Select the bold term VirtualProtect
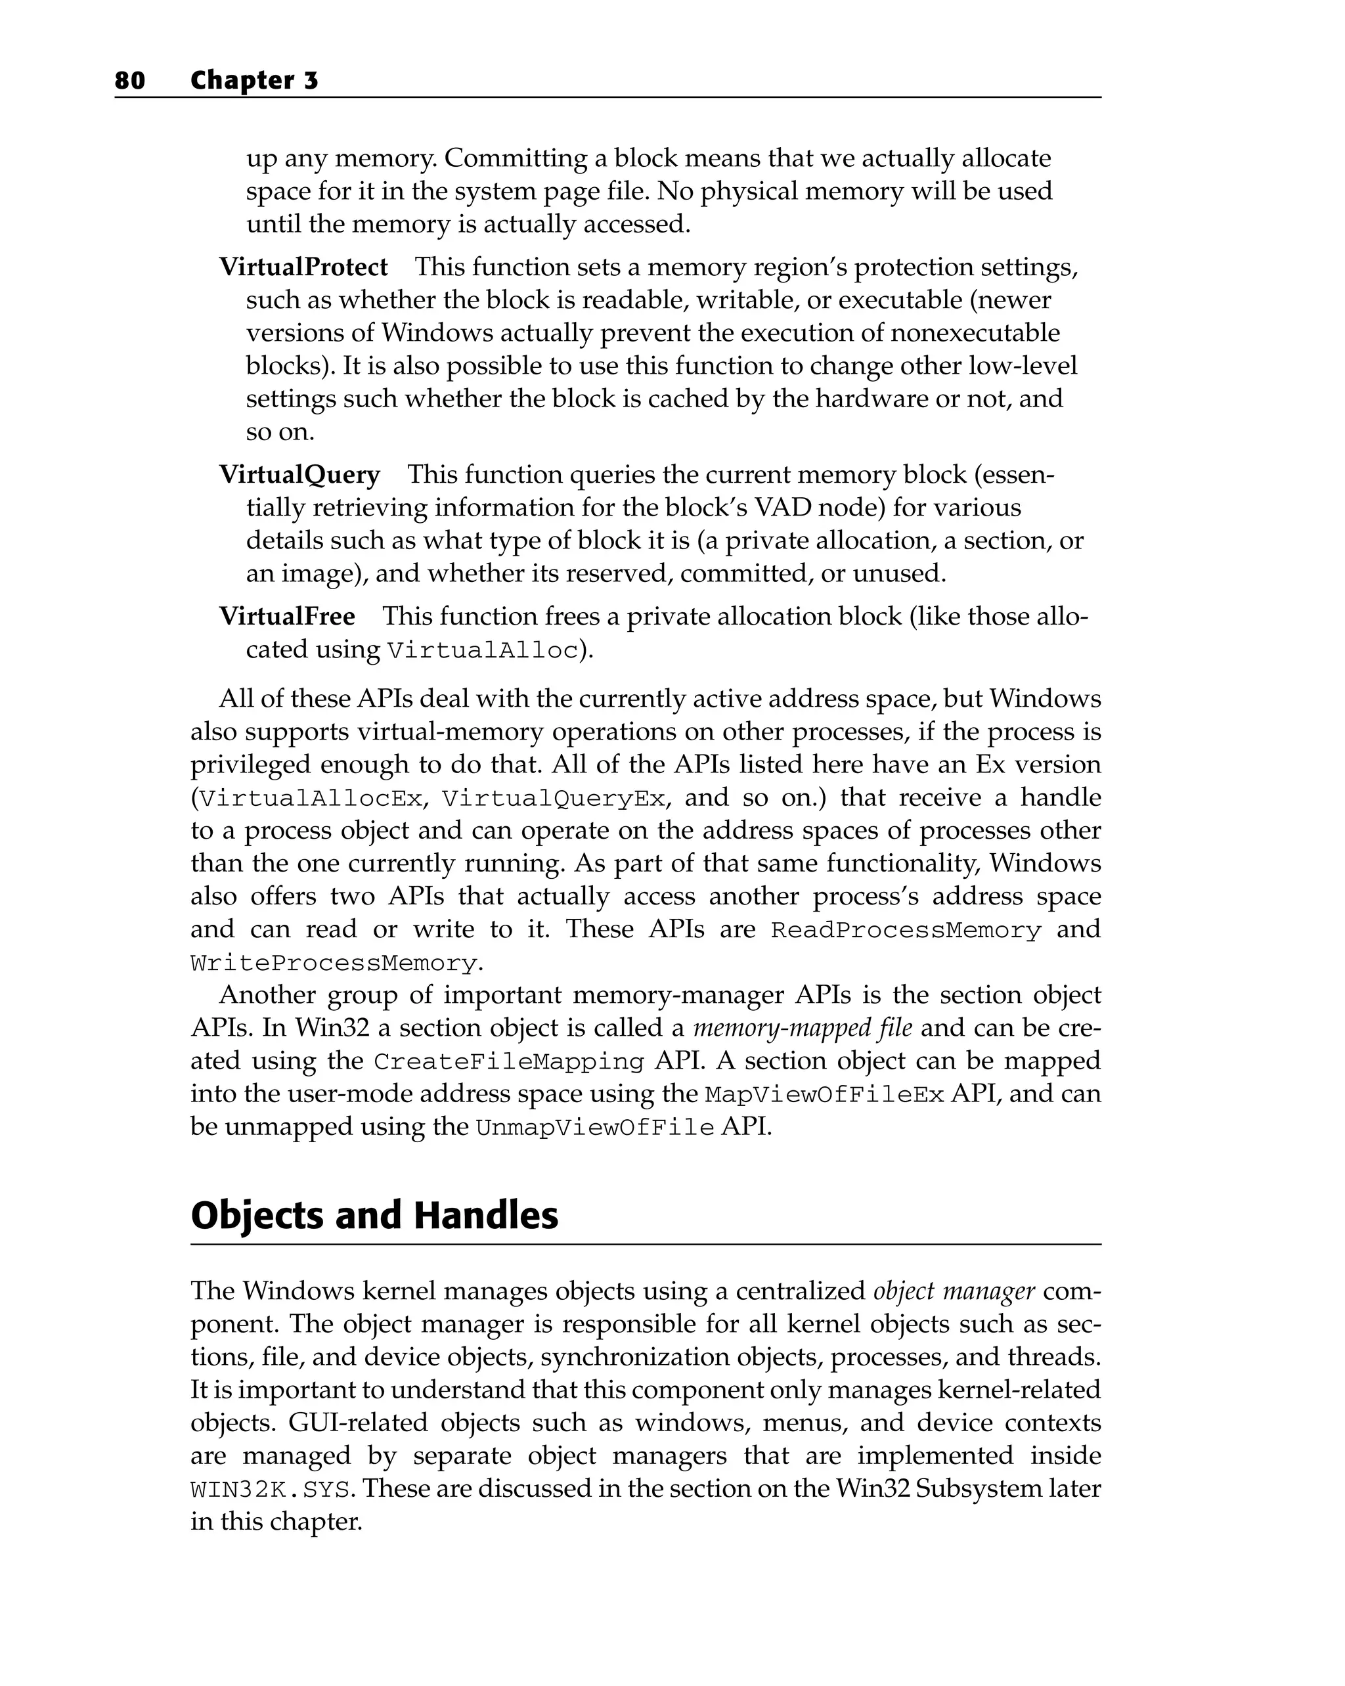pyautogui.click(x=303, y=267)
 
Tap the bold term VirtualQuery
pyautogui.click(x=299, y=475)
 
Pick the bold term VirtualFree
pyautogui.click(x=286, y=616)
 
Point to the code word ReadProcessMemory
pyautogui.click(x=906, y=931)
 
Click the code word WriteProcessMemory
pyautogui.click(x=334, y=964)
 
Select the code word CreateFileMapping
pyautogui.click(x=508, y=1062)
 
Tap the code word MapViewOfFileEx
pyautogui.click(x=824, y=1095)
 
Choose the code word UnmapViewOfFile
pyautogui.click(x=594, y=1128)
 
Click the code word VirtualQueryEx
pyautogui.click(x=554, y=799)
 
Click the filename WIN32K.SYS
pyautogui.click(x=270, y=1489)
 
